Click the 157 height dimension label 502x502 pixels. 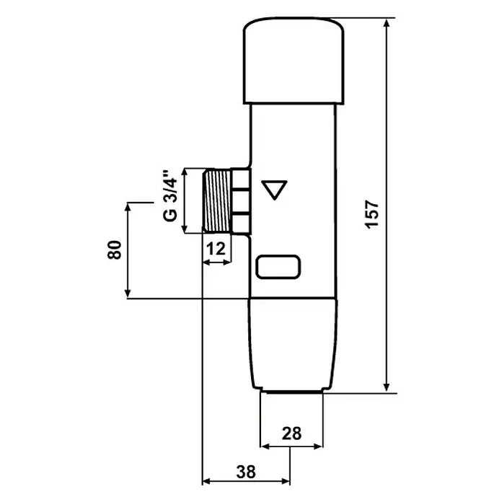point(372,214)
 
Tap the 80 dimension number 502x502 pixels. point(115,250)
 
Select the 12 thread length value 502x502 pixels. point(216,249)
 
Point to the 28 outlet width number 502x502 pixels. point(291,433)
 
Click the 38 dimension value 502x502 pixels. point(246,472)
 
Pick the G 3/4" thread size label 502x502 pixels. point(170,195)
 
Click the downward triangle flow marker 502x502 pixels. point(274,190)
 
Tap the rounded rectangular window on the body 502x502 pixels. point(278,267)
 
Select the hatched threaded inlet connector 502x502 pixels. point(217,201)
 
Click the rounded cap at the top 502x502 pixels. point(294,61)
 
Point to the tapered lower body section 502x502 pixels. point(293,344)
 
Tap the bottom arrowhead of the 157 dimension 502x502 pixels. point(387,387)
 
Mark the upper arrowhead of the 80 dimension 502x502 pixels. point(128,208)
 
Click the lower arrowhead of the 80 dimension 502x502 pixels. point(128,293)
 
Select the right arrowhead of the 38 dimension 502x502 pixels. point(285,481)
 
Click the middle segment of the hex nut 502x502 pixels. point(240,201)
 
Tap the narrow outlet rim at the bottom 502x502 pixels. point(293,391)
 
